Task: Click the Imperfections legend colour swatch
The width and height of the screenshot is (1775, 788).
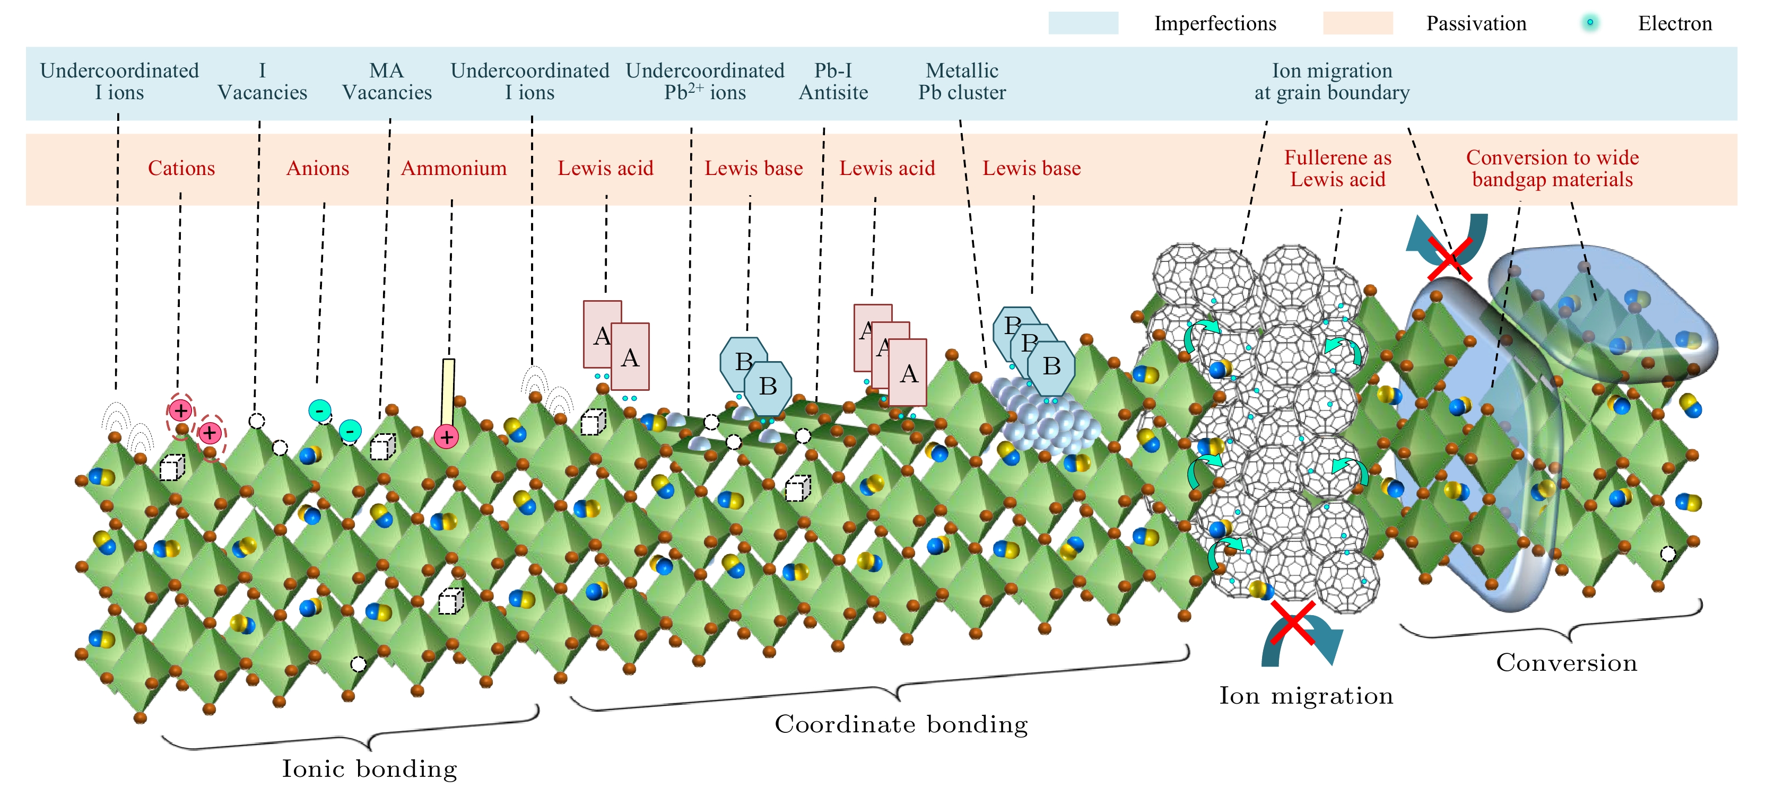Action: [x=1083, y=23]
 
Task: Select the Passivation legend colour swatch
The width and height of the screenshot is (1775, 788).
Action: [x=1357, y=23]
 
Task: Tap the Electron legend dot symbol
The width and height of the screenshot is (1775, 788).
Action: [x=1590, y=23]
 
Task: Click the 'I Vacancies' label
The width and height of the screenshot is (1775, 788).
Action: [x=262, y=81]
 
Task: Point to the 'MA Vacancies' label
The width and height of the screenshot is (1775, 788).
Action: [x=387, y=81]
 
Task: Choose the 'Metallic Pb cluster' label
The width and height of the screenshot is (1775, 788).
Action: [x=962, y=81]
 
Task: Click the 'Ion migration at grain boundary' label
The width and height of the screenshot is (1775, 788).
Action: [x=1332, y=81]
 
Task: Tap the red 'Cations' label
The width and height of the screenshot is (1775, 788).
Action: [x=181, y=168]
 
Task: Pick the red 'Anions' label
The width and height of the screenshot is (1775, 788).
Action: [x=318, y=168]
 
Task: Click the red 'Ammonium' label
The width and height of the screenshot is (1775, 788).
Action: [x=454, y=168]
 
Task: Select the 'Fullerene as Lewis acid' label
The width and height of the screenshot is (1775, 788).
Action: [x=1337, y=168]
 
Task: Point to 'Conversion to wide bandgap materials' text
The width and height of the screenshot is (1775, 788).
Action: [x=1552, y=168]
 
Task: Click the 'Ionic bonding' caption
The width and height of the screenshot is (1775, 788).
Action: [x=369, y=768]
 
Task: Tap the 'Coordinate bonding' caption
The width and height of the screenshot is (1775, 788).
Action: [x=901, y=724]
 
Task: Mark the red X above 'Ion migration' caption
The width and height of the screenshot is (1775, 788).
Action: [x=1293, y=622]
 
